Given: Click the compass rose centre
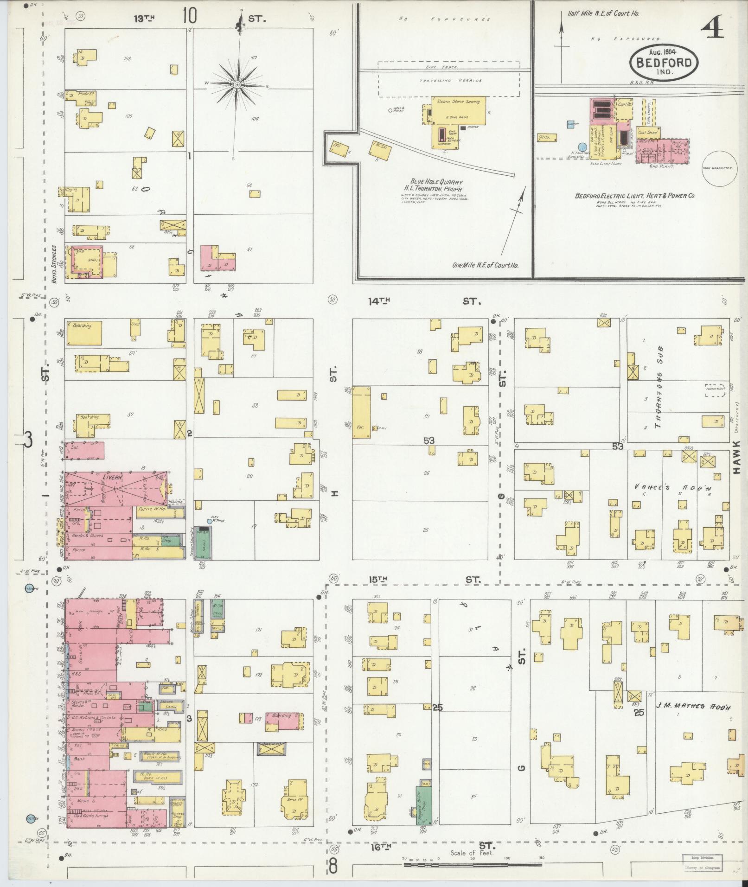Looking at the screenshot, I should coord(237,84).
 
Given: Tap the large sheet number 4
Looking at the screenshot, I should coord(713,31).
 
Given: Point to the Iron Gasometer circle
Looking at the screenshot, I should coord(716,169).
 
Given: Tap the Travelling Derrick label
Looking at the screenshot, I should coord(451,80).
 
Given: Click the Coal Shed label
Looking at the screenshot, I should coord(647,133).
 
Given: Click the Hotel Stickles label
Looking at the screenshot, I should coord(54,264).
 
